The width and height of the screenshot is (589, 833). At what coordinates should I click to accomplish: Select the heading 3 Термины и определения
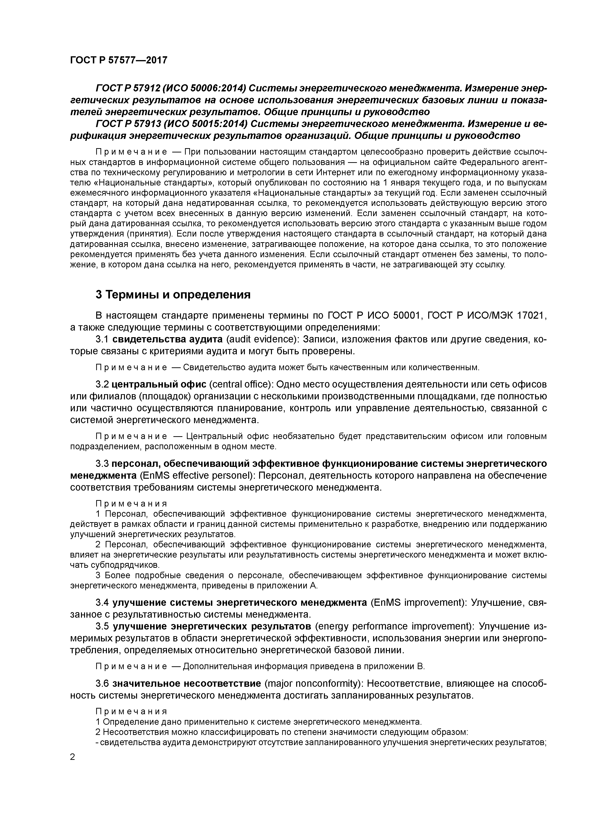click(173, 295)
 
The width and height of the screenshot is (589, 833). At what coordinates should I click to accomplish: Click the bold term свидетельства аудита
click(167, 339)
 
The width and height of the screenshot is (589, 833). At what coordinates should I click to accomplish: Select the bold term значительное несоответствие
click(186, 684)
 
